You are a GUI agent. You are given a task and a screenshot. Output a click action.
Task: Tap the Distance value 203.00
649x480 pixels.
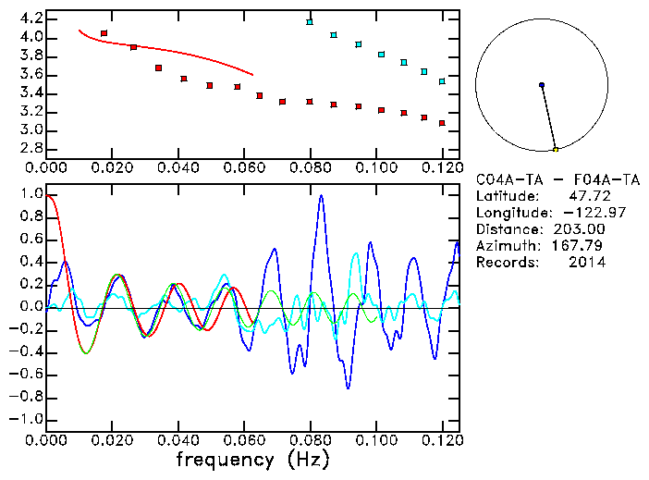click(x=581, y=229)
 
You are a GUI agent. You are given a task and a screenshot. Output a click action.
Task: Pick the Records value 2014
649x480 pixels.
click(x=588, y=263)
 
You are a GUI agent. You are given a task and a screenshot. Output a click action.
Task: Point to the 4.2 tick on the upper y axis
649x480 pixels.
click(x=30, y=18)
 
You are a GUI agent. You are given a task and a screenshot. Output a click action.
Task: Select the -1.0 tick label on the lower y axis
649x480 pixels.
click(x=25, y=419)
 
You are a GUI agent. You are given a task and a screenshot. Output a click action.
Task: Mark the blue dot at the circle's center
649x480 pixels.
click(x=542, y=85)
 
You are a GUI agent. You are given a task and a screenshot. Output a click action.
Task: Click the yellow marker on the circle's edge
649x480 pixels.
click(x=556, y=149)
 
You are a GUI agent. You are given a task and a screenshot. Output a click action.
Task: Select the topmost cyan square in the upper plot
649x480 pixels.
click(x=310, y=21)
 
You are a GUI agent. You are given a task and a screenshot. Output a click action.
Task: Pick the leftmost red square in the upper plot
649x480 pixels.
click(x=104, y=33)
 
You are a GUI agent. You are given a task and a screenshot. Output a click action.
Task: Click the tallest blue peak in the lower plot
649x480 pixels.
click(x=322, y=195)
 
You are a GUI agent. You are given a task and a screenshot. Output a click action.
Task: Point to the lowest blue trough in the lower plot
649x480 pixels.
click(x=348, y=388)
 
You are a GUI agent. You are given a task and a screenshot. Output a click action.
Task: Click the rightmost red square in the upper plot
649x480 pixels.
click(x=442, y=123)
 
